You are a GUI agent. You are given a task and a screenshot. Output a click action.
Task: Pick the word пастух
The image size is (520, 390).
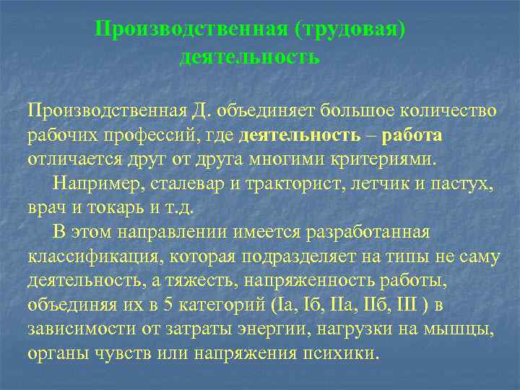point(461,183)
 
